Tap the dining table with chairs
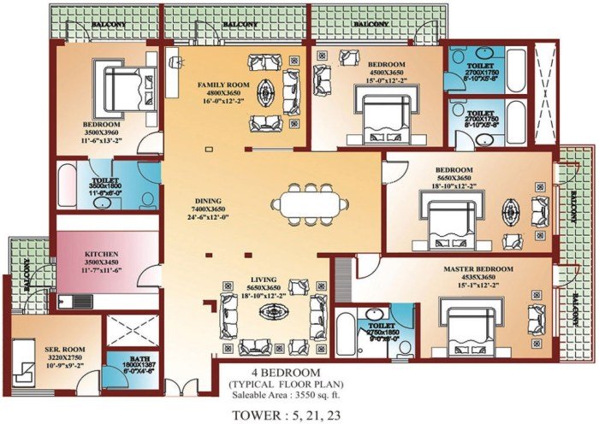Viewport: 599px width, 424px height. pos(311,205)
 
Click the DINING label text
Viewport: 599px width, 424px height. pos(209,200)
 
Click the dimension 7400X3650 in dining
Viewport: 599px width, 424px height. pos(210,209)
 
